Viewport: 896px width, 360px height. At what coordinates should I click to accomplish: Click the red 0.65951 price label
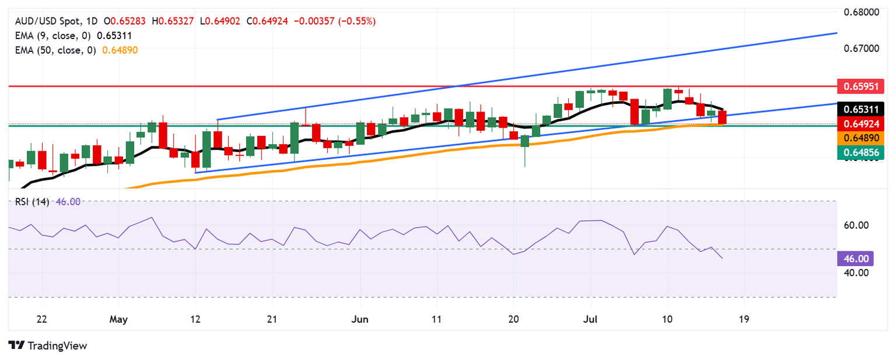860,87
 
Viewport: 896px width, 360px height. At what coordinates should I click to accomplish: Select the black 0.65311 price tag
860,109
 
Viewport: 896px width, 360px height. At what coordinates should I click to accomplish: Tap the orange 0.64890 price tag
860,138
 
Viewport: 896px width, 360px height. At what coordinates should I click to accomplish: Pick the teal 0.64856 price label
860,152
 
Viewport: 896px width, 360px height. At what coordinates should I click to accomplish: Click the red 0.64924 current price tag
860,123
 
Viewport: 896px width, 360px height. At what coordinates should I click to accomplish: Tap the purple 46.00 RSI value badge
856,258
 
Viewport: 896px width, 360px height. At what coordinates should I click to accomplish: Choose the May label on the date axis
118,320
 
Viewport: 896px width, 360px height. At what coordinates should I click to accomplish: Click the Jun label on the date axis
360,320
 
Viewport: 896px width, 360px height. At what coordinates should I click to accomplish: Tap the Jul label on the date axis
590,320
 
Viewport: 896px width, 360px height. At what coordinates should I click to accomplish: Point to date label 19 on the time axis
744,320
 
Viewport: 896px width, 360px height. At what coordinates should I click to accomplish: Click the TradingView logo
48,345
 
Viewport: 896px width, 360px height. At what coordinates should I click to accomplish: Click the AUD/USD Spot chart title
44,21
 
